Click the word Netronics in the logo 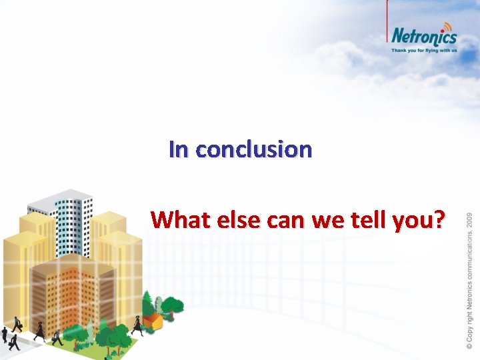tap(423, 37)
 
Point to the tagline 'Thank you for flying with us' tap(424, 49)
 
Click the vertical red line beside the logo tap(387, 27)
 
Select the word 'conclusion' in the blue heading tap(253, 149)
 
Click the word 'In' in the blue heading tap(179, 149)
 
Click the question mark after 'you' tap(438, 219)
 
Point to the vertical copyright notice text tap(469, 280)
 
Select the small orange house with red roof tap(154, 321)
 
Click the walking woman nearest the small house tap(137, 325)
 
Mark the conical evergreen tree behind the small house tap(149, 300)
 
